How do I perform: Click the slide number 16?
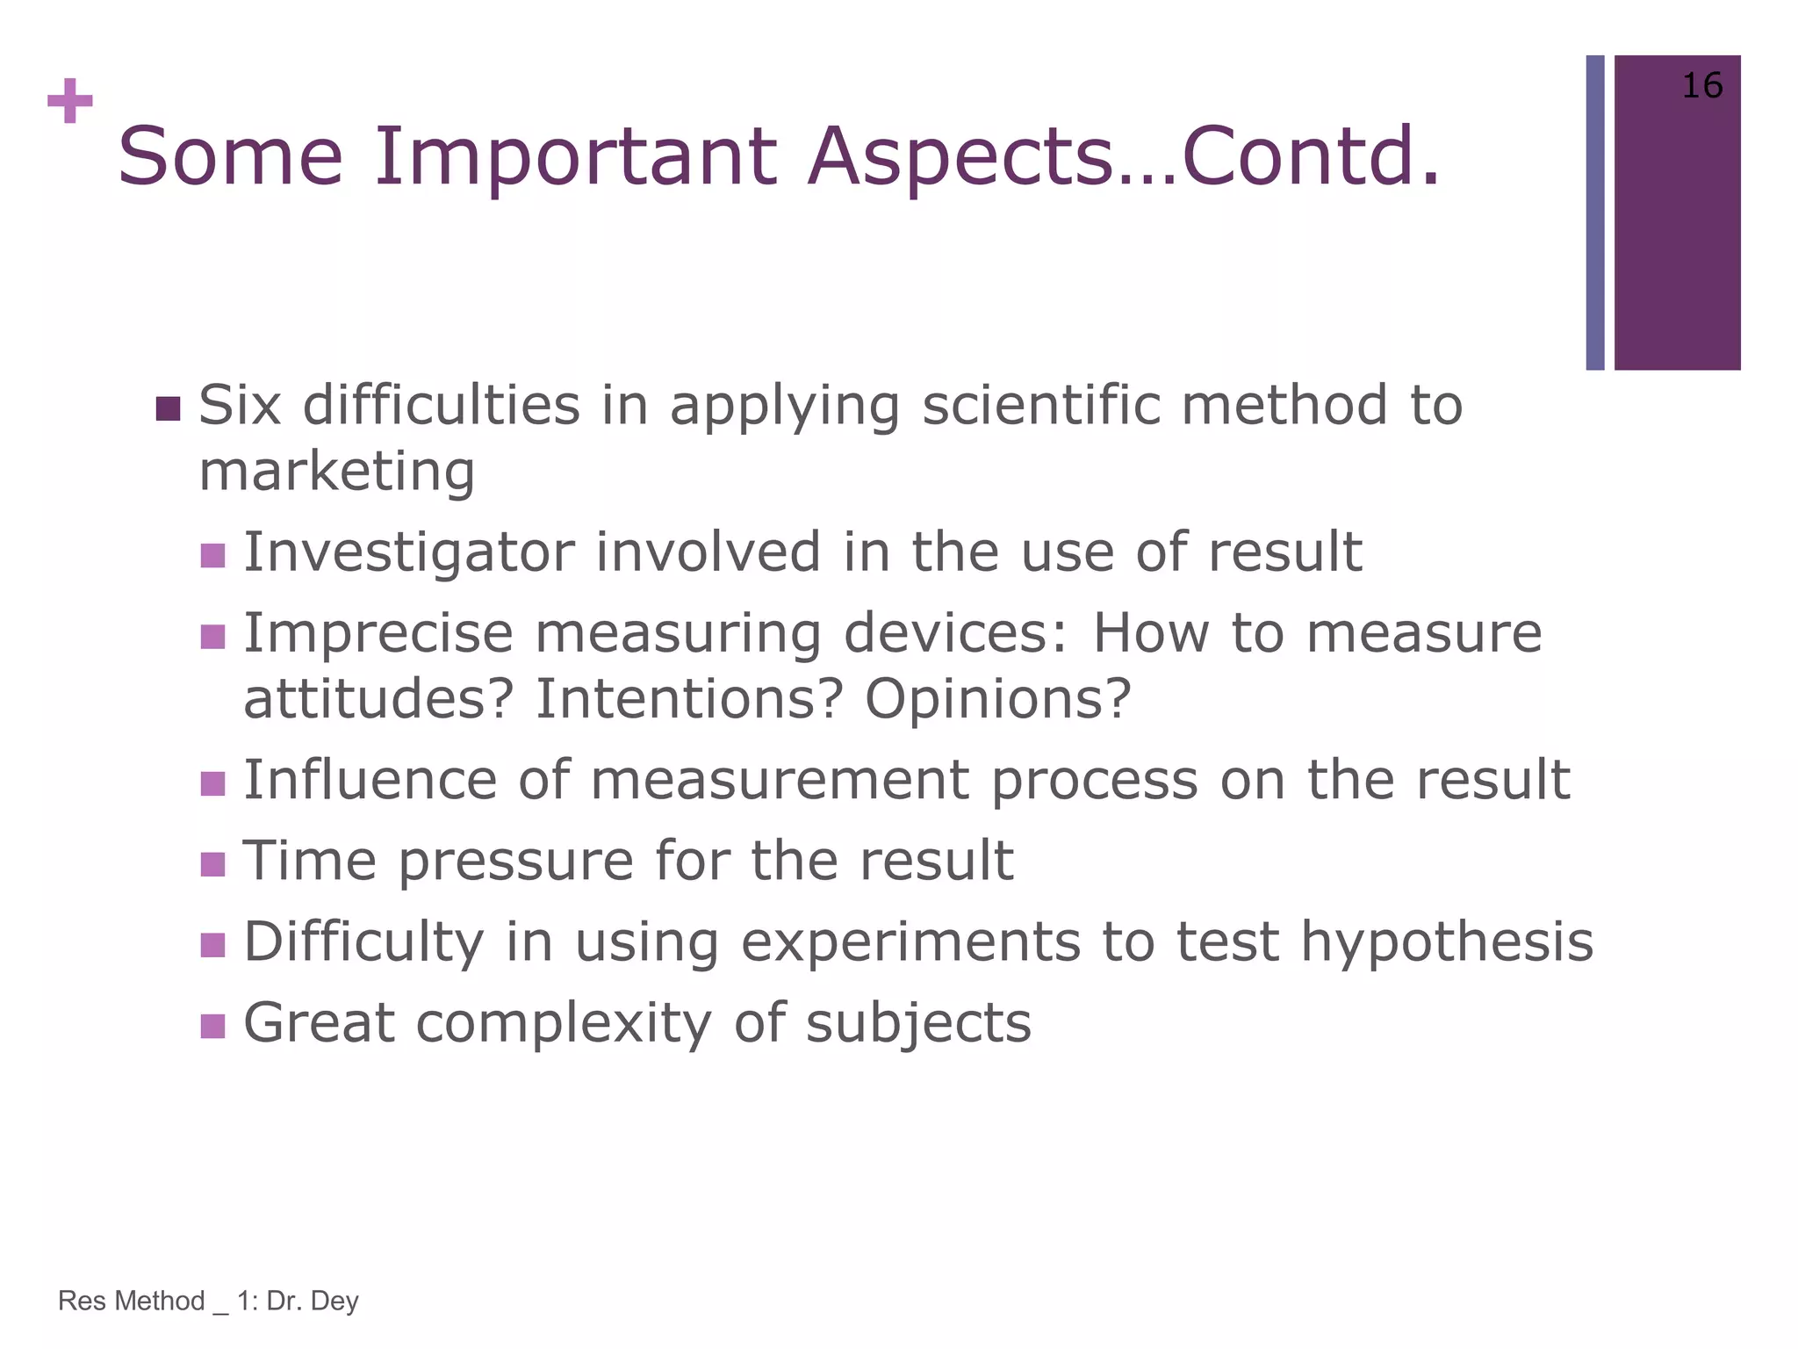tap(1701, 86)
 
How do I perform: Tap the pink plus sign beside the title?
tap(70, 102)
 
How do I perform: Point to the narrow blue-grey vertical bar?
tap(1594, 213)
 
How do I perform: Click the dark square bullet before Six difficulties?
tap(168, 408)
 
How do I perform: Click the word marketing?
tap(337, 472)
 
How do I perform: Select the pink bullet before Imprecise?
tap(213, 636)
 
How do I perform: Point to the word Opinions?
tap(998, 699)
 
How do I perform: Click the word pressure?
tap(515, 861)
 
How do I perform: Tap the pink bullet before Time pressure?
tap(213, 864)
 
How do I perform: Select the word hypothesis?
tap(1446, 941)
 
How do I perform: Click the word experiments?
tap(910, 941)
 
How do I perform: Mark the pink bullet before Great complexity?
tap(213, 1026)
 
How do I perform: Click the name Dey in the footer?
tap(334, 1301)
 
